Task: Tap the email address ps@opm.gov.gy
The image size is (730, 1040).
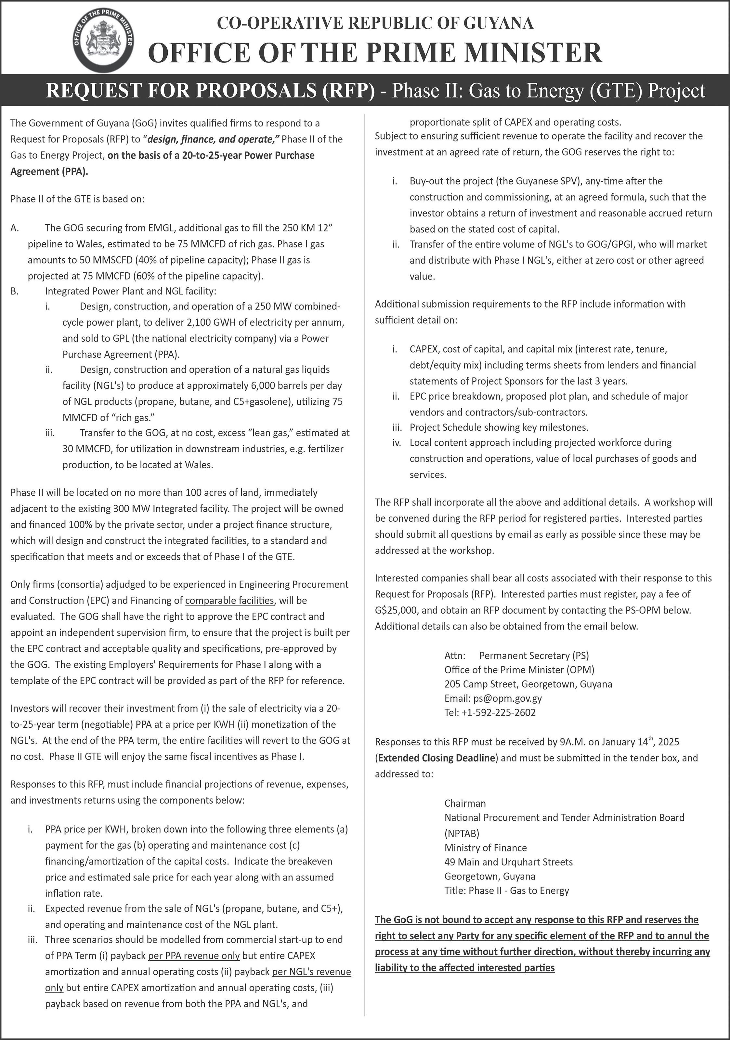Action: [x=510, y=698]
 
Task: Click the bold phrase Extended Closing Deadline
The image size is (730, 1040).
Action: [x=436, y=758]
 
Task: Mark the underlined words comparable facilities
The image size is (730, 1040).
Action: [x=229, y=601]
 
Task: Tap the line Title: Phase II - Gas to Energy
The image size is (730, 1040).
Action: [x=506, y=890]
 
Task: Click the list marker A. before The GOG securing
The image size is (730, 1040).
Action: [x=15, y=228]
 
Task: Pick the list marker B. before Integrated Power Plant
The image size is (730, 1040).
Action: [x=15, y=291]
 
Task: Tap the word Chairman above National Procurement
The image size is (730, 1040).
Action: [x=465, y=803]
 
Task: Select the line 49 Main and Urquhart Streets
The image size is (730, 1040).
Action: [x=508, y=862]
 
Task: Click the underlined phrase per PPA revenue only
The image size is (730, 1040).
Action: [x=194, y=956]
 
